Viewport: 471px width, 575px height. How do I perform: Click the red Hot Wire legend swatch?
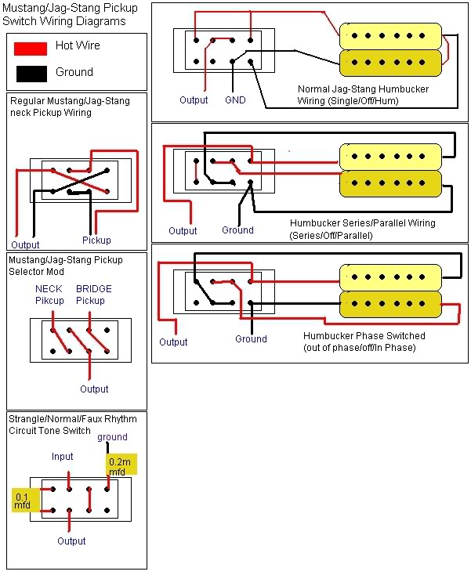point(31,49)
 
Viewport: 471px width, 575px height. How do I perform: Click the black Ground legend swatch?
point(31,74)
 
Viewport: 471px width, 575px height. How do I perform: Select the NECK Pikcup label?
point(49,295)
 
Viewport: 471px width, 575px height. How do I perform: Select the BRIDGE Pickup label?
point(94,295)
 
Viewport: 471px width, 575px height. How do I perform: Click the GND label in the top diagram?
point(235,100)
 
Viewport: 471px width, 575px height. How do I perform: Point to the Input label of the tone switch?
point(62,457)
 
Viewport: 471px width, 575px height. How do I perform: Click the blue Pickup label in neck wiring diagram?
point(96,240)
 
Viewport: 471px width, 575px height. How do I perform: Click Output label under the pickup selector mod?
point(94,389)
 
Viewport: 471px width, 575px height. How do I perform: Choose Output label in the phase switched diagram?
point(173,342)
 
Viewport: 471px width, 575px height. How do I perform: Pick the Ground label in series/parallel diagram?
point(237,230)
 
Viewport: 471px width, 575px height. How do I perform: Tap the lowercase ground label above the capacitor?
point(112,437)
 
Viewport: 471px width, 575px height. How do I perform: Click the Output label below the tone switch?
point(71,541)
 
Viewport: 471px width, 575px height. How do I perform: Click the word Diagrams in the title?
point(103,22)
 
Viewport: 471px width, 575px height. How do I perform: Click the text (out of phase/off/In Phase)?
point(359,348)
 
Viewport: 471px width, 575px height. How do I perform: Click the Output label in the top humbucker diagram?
point(194,100)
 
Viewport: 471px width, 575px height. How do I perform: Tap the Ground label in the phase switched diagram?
point(251,339)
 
